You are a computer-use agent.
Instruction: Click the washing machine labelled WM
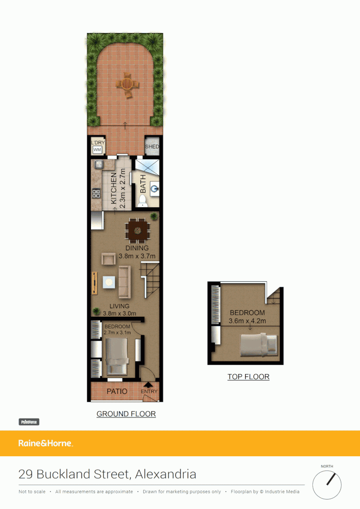[x=98, y=149]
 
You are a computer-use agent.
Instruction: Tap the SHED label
[x=152, y=147]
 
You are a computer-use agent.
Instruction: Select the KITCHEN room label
[x=114, y=188]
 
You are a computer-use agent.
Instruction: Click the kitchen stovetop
[x=96, y=193]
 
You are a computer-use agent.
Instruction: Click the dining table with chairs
[x=138, y=230]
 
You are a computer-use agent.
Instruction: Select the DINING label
[x=137, y=248]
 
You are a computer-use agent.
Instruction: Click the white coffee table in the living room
[x=109, y=282]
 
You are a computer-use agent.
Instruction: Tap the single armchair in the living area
[x=108, y=258]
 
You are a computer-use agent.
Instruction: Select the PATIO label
[x=117, y=391]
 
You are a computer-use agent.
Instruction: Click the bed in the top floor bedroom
[x=260, y=345]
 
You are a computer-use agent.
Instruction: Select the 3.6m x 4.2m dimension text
[x=247, y=321]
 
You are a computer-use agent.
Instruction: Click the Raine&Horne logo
[x=46, y=443]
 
